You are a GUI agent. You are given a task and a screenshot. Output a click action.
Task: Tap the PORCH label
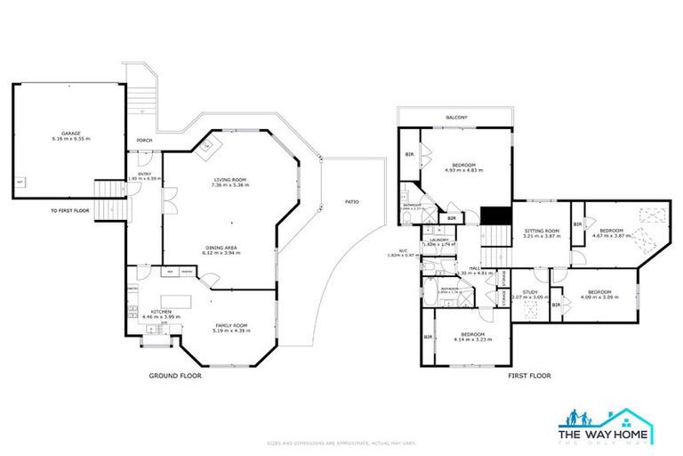coord(143,141)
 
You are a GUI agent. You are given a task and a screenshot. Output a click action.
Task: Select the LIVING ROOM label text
coord(230,182)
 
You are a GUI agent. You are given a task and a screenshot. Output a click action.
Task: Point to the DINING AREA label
coord(221,248)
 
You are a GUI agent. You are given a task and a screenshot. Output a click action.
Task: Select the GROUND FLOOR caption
coord(174,376)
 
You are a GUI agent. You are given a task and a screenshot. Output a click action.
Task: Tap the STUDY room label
coord(530,291)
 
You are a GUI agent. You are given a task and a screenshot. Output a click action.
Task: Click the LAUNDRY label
coord(438,240)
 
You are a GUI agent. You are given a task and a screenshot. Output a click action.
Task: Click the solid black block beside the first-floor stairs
coord(493,216)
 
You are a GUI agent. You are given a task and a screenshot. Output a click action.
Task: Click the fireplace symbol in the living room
coord(206,145)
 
